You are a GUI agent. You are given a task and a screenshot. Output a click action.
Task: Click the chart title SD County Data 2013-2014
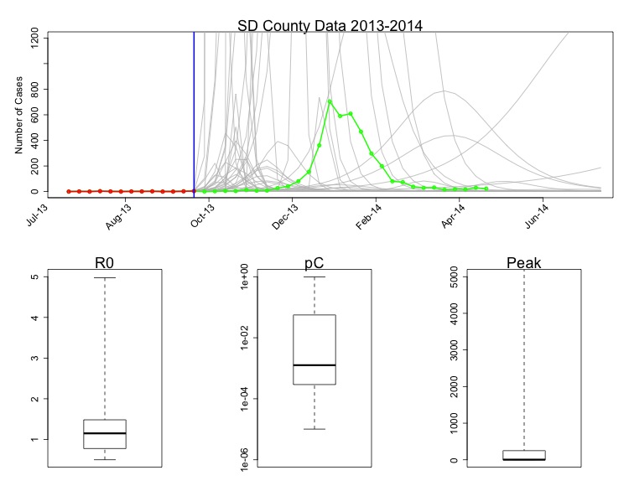(323, 25)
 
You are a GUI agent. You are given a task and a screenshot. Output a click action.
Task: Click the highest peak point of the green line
(330, 101)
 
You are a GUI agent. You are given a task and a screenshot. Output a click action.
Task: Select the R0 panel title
(105, 263)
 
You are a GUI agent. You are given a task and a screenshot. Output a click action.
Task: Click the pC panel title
(314, 263)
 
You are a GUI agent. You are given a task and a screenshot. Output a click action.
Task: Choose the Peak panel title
(524, 263)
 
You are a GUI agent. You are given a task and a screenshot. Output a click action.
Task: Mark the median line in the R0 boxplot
(105, 433)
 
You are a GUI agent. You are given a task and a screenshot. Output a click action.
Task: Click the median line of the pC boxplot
(314, 365)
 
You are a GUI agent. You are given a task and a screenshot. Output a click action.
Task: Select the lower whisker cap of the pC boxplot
(314, 429)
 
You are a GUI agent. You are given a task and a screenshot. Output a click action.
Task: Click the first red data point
(69, 191)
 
